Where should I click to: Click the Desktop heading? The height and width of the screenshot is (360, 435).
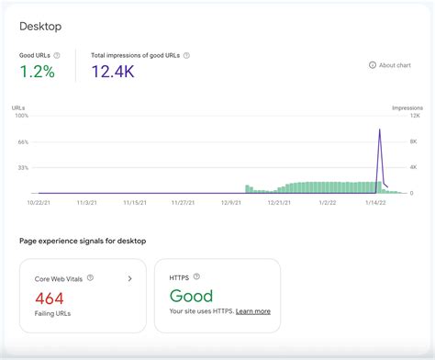pos(41,27)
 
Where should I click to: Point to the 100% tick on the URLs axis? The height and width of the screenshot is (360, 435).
pos(21,116)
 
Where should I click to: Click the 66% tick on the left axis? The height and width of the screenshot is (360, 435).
pos(23,141)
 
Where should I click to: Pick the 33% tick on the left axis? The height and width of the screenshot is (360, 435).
pos(23,167)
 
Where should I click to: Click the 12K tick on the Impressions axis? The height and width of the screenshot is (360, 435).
pos(414,116)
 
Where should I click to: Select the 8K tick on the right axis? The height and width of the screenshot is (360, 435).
pos(413,141)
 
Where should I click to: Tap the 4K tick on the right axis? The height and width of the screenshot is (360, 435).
pos(413,167)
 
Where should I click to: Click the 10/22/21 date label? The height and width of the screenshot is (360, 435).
pos(39,203)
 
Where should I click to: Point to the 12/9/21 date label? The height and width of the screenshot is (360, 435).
pos(230,203)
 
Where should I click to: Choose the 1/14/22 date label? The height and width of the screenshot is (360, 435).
pos(374,203)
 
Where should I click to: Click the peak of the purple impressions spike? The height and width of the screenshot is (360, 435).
pos(379,129)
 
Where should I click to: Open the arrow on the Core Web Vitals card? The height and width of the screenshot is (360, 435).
pos(129,277)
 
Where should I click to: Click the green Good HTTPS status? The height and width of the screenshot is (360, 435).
pos(191,296)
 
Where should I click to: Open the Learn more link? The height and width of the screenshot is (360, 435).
pos(252,311)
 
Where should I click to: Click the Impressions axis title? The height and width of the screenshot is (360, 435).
pos(407,107)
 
